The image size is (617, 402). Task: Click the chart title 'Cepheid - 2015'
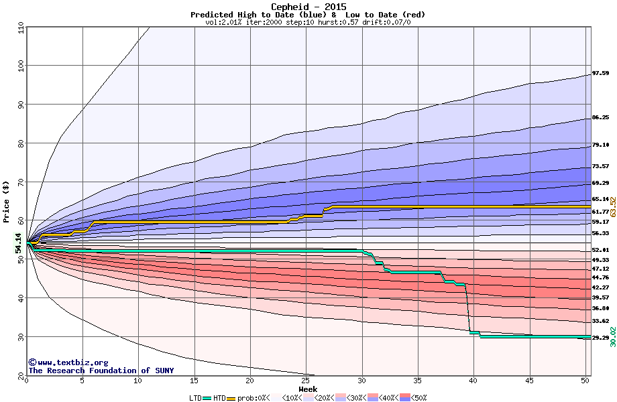[x=308, y=7]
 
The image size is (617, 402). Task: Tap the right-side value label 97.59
[x=600, y=73]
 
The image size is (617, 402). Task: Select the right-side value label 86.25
[x=600, y=117]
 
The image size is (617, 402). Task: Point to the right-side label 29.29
[x=600, y=338]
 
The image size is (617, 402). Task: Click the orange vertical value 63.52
[x=612, y=206]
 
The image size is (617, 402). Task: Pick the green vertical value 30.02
[x=612, y=336]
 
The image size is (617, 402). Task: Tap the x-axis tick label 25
[x=306, y=381]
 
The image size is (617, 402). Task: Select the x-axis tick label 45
[x=529, y=381]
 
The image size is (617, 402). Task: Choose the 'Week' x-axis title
[x=308, y=389]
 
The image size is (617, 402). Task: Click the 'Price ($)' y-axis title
[x=7, y=201]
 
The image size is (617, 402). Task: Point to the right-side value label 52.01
[x=600, y=250]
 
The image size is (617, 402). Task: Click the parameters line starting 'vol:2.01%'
[x=308, y=22]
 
